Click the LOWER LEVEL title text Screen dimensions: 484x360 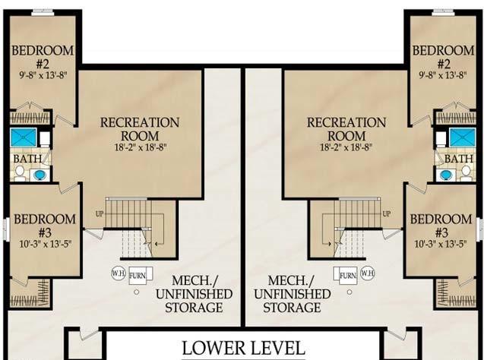point(244,349)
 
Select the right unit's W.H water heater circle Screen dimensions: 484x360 point(368,273)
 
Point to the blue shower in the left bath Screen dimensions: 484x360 point(24,137)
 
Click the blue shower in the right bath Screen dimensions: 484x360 point(463,137)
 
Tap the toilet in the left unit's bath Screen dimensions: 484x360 point(20,173)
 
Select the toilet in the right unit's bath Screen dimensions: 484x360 point(466,173)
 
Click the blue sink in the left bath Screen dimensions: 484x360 point(40,175)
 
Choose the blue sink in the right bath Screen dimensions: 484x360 point(444,175)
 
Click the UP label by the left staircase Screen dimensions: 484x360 point(100,213)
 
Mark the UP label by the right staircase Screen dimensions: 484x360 point(387,213)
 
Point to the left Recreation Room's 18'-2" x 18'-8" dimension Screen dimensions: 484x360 point(141,147)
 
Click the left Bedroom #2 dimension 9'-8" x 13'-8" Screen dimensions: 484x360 point(43,75)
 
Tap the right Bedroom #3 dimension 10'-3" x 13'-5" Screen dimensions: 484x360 point(441,244)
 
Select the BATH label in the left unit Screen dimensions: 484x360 point(27,159)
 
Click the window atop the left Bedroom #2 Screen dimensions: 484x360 point(43,12)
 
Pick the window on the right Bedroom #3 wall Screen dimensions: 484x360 point(479,229)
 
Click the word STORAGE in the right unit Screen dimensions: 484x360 point(292,308)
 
